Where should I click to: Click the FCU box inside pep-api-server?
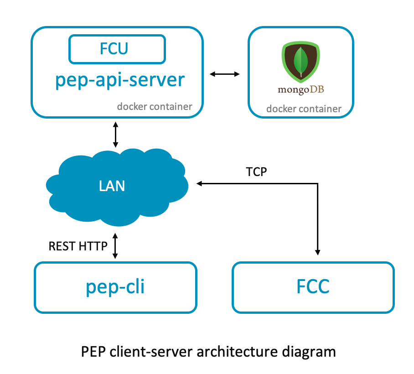tap(117, 49)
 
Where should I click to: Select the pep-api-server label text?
tap(120, 79)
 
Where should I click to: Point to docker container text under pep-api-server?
tap(154, 107)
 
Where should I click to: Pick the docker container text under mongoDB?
tap(304, 109)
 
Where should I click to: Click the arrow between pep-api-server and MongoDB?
tap(224, 74)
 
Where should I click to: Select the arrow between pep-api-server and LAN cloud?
tap(115, 134)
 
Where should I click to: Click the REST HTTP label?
tap(78, 246)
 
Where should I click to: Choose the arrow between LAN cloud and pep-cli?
tap(115, 246)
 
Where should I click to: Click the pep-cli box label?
tap(115, 287)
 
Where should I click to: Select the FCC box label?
tap(313, 287)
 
